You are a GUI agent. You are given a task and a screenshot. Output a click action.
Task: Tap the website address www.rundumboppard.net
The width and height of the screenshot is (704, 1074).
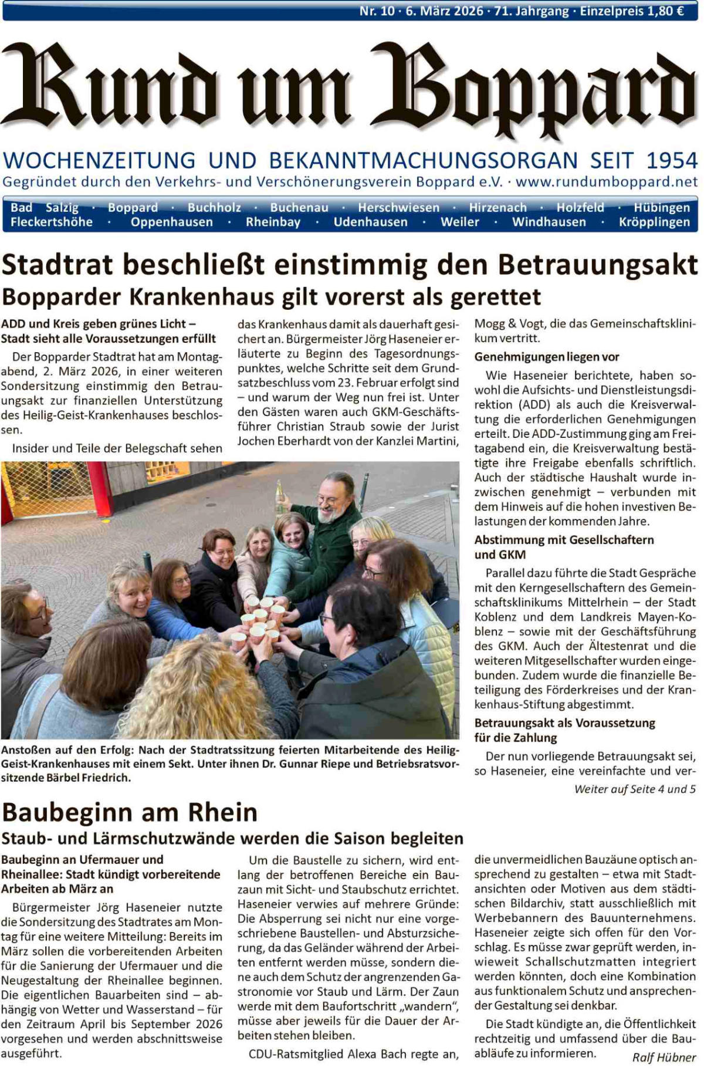click(607, 182)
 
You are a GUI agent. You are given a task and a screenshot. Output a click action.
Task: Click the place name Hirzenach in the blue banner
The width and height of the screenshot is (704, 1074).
click(497, 208)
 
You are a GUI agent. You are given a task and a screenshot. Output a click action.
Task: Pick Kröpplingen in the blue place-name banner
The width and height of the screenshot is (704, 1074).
click(654, 222)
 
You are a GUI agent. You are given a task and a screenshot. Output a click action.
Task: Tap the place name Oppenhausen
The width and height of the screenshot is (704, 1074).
click(171, 222)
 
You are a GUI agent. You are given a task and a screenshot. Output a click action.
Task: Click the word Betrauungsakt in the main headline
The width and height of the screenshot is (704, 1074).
click(598, 265)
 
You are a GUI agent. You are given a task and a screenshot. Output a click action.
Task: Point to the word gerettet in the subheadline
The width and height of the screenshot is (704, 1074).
click(495, 297)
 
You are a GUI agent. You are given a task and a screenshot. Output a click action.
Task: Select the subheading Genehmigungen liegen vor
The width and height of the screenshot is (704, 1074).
click(546, 357)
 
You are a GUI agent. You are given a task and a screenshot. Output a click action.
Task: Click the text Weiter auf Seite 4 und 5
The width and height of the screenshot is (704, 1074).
click(635, 789)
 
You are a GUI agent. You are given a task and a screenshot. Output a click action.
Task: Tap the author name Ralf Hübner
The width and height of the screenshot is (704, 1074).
click(664, 1058)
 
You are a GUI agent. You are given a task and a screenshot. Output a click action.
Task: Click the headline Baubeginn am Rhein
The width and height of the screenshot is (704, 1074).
click(130, 812)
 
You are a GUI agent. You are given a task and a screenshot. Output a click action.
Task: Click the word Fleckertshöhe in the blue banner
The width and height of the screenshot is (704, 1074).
click(52, 222)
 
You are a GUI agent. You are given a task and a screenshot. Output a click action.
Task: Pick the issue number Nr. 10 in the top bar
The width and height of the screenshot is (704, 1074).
click(377, 11)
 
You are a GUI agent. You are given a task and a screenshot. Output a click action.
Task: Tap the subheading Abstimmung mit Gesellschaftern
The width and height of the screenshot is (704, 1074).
click(564, 540)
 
